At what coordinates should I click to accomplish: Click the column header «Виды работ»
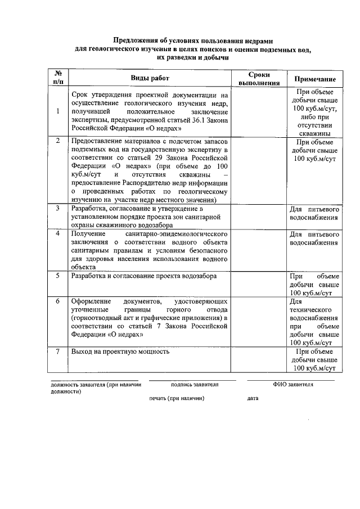(149, 78)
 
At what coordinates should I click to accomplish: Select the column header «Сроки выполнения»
(259, 78)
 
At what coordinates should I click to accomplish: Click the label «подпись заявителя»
(195, 385)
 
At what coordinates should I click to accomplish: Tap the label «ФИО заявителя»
(293, 385)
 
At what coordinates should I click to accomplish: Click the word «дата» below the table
(253, 398)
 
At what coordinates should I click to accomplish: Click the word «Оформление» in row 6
(89, 301)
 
